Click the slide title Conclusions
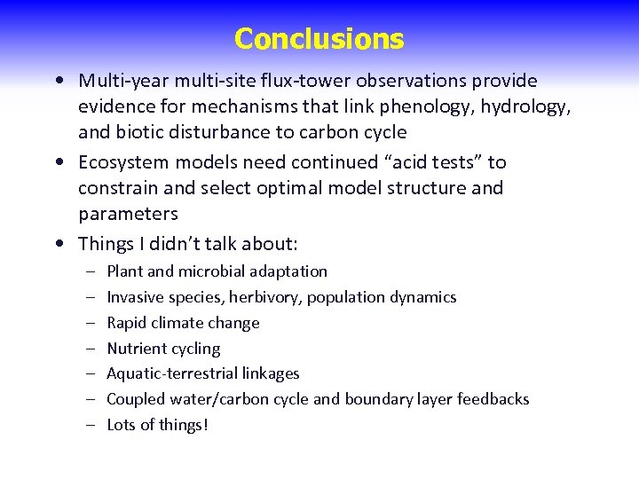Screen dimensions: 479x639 [x=319, y=39]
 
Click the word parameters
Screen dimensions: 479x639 [x=128, y=214]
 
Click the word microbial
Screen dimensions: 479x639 [x=215, y=271]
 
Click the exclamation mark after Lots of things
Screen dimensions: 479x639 [x=206, y=425]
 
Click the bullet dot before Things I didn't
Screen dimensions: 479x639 [x=59, y=243]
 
